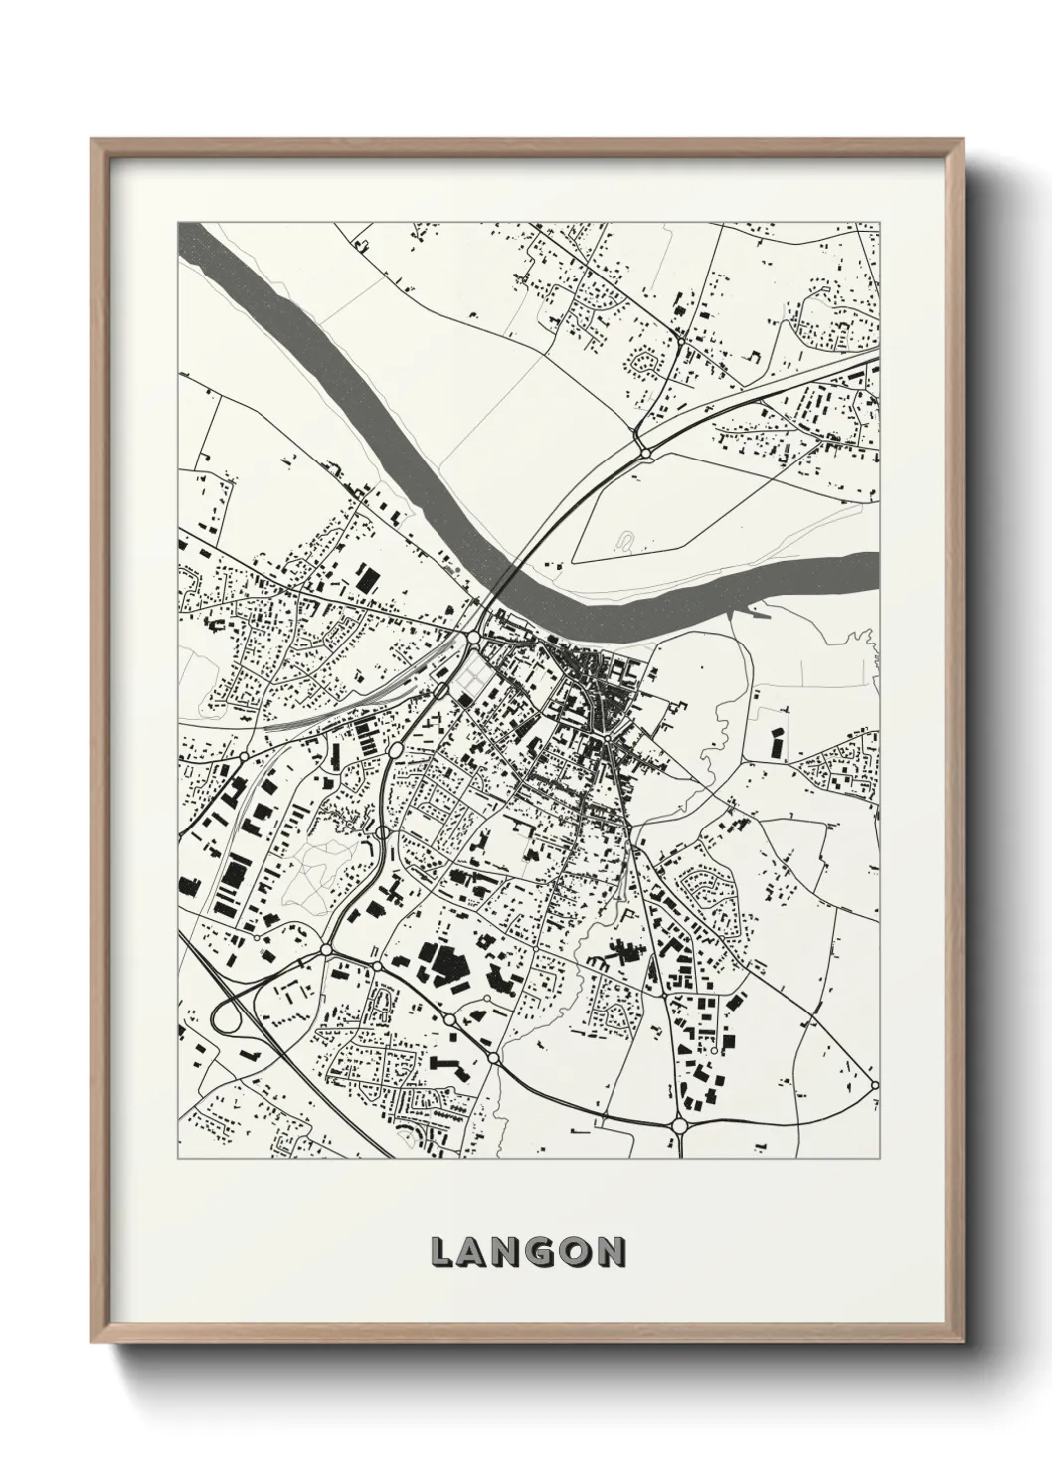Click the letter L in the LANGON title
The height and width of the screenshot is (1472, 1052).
click(441, 1253)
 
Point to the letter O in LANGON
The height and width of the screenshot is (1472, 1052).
click(577, 1253)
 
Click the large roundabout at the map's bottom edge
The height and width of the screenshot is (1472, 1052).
click(680, 1125)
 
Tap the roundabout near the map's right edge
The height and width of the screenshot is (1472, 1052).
click(874, 1084)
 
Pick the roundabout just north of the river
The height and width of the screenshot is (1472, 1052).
click(646, 453)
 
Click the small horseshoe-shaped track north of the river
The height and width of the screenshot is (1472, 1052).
click(625, 541)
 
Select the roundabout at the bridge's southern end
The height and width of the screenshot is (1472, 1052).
click(474, 635)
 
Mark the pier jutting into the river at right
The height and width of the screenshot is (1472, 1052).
click(758, 614)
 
